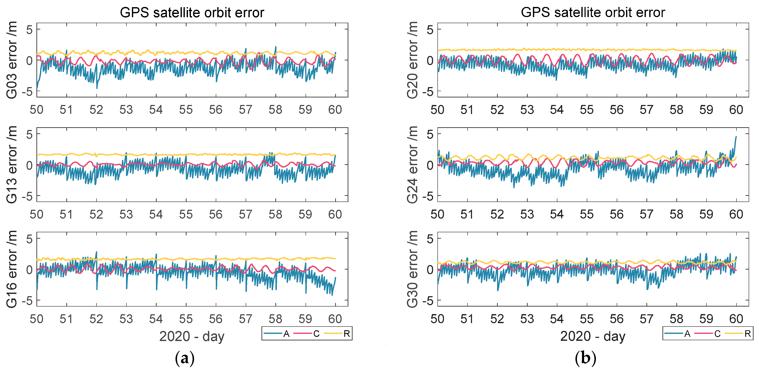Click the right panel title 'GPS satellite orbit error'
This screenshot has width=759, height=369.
point(593,13)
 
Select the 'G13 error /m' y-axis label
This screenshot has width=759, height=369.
point(12,165)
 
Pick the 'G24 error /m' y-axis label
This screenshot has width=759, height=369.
point(413,165)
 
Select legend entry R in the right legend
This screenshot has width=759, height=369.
point(747,334)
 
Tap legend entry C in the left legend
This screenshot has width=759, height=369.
point(316,334)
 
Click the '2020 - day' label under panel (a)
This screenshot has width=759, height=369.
point(192,336)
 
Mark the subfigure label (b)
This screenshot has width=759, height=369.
point(585,358)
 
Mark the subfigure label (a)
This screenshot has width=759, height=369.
point(185,358)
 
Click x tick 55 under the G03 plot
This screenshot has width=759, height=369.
point(186,110)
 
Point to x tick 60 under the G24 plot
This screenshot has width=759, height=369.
point(736,214)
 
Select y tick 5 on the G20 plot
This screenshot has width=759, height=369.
point(430,29)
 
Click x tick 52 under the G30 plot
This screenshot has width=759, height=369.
point(497,319)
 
